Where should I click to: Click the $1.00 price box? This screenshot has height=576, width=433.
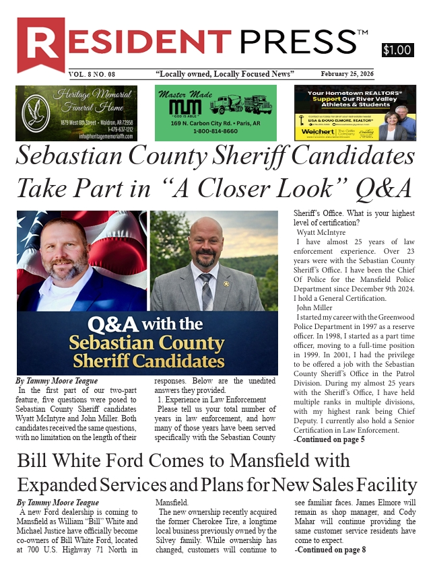click(397, 50)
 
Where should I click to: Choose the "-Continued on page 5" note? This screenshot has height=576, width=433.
click(329, 439)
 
